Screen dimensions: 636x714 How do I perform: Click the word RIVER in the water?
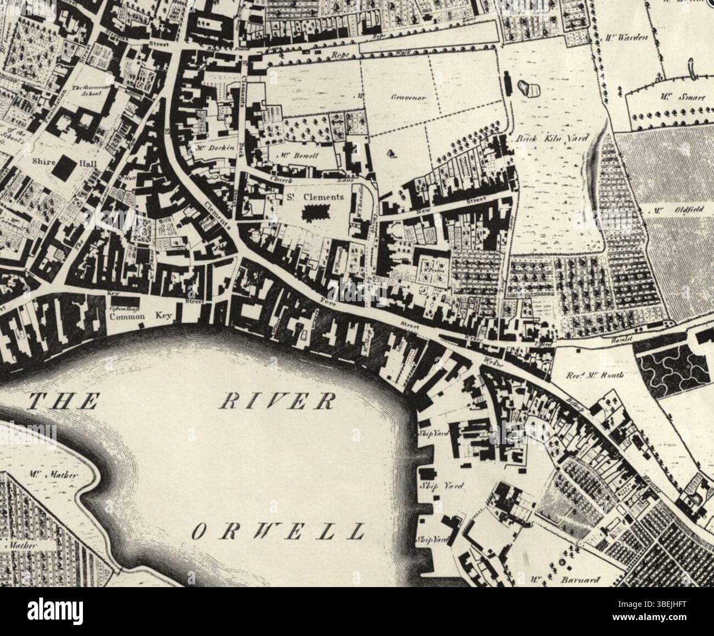point(277,402)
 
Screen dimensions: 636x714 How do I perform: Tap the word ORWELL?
point(279,531)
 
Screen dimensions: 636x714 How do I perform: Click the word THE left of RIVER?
point(63,402)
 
